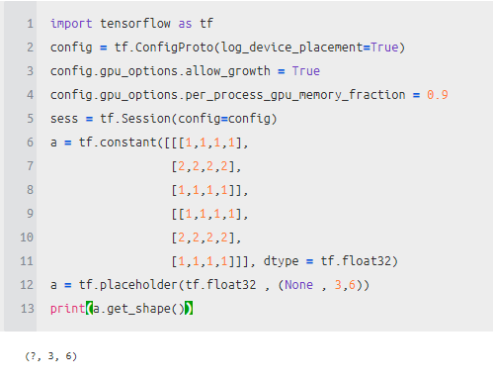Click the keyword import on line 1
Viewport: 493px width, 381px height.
coord(71,24)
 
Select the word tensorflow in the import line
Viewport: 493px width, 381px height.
coord(135,24)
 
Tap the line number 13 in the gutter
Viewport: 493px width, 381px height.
coord(27,309)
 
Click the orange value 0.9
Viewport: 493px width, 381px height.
coord(438,95)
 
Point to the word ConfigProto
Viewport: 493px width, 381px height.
coord(174,48)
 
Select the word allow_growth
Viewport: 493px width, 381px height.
coord(227,71)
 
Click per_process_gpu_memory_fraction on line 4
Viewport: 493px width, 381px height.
coord(295,95)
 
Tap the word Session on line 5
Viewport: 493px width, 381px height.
coord(146,119)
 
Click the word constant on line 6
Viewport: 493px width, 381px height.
coord(128,143)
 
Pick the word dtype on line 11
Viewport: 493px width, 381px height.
coord(281,261)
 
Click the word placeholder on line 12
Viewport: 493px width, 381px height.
coord(138,285)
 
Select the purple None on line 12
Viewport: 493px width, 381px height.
coord(298,285)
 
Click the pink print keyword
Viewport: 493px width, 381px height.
coord(68,309)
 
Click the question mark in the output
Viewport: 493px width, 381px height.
coord(34,356)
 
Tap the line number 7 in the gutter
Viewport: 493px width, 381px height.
coord(30,166)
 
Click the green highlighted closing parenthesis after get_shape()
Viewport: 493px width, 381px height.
coord(189,309)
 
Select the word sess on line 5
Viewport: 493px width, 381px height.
coord(64,119)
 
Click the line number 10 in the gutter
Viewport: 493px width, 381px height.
coord(27,238)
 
